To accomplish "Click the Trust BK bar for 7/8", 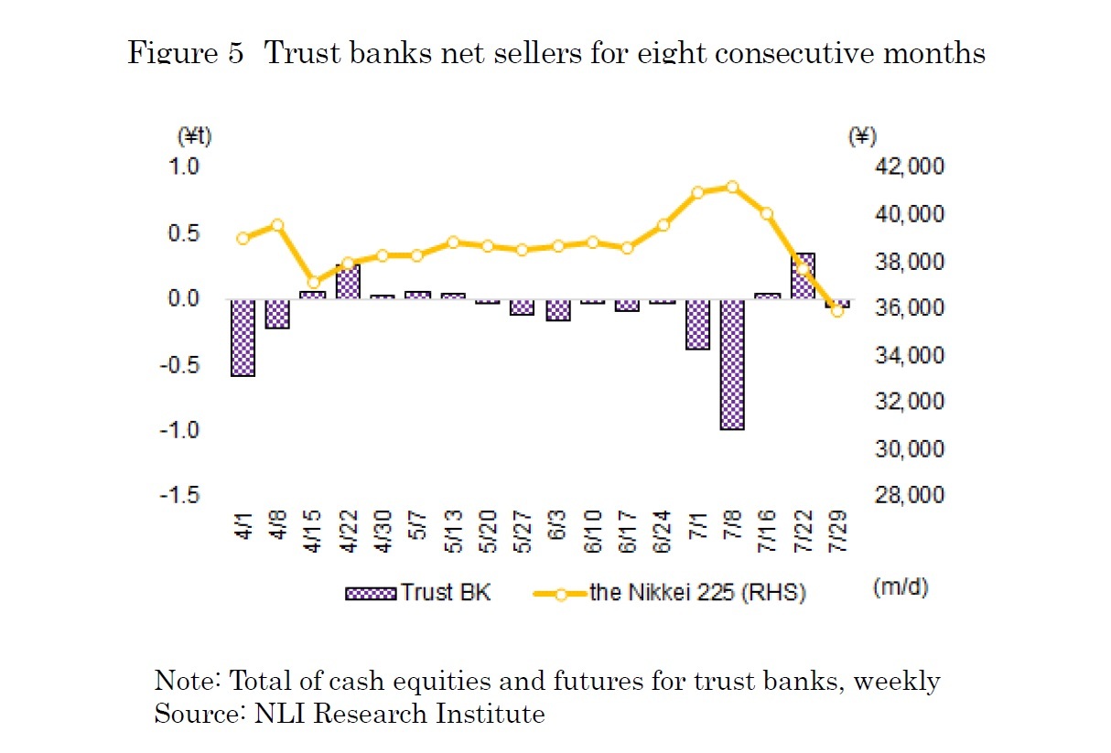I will [732, 364].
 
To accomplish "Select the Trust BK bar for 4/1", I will [243, 338].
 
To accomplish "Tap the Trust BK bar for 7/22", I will [802, 275].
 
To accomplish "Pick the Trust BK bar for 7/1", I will [697, 324].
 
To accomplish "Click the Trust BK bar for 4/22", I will [348, 282].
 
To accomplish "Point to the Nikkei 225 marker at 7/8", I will [732, 187].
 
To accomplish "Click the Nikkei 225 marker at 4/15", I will [314, 283].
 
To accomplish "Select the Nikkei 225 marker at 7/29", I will [836, 311].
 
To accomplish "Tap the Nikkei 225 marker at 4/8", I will [278, 225].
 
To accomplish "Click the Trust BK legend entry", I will [419, 592].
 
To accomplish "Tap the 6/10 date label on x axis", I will [593, 531].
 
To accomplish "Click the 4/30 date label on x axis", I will [383, 531].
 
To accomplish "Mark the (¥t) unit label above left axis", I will [193, 136].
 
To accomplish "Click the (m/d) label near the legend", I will [901, 586].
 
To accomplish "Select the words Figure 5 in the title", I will [186, 53].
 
